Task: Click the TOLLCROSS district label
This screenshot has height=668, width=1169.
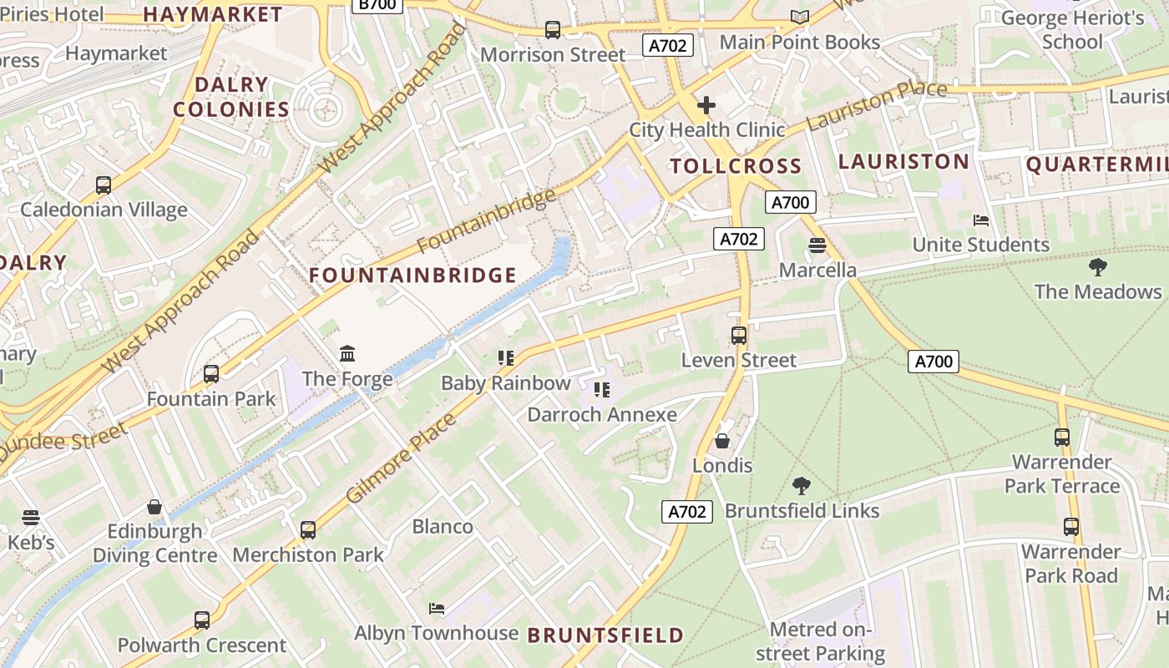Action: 736,166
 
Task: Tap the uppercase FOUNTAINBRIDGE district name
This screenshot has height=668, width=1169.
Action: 413,276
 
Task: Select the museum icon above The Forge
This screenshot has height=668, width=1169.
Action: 348,354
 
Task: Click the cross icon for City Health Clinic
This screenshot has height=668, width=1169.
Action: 706,105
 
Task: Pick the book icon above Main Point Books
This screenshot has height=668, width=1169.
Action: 800,17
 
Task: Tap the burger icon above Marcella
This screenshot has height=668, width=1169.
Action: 817,245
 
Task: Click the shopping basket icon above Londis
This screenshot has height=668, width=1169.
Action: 722,441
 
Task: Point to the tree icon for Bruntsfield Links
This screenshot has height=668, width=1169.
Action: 802,485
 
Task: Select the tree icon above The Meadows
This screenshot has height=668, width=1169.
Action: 1098,267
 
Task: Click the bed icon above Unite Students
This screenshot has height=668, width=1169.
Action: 981,220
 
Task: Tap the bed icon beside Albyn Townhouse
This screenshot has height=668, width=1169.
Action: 437,608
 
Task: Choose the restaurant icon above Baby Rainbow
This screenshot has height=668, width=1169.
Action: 505,358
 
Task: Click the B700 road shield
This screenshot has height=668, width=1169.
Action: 377,4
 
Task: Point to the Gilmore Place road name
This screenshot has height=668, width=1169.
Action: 401,458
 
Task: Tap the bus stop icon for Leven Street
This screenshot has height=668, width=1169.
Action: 739,336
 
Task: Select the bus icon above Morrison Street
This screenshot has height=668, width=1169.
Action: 552,30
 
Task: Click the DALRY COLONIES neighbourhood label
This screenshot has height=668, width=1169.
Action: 231,97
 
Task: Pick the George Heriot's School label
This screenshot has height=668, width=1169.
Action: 1072,29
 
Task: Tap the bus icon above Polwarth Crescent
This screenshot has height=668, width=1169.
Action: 202,620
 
